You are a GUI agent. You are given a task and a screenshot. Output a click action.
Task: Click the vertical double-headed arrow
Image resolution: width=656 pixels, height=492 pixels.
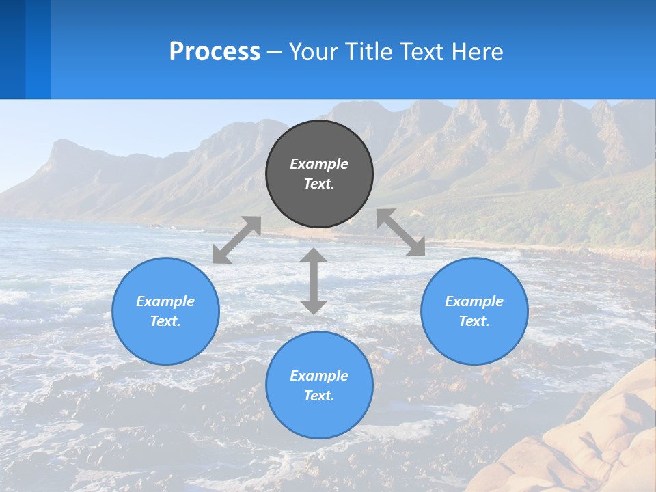click(314, 282)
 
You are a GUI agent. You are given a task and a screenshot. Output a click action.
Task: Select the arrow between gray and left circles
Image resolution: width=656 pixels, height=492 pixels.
click(236, 239)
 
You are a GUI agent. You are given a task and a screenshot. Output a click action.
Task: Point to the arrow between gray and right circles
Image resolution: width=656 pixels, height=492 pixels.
click(400, 232)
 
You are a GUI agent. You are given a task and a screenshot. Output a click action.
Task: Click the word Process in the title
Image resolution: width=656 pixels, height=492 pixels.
click(215, 51)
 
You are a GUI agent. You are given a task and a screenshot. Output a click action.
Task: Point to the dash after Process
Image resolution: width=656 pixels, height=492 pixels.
click(275, 52)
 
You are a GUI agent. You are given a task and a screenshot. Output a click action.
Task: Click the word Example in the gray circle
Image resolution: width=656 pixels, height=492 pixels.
click(319, 164)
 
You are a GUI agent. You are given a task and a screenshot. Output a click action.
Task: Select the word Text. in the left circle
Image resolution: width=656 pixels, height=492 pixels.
click(165, 321)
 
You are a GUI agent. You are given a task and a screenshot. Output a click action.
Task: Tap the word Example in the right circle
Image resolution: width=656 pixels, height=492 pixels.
click(474, 301)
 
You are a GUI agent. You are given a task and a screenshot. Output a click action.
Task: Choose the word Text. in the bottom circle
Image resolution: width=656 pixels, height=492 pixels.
click(319, 396)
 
